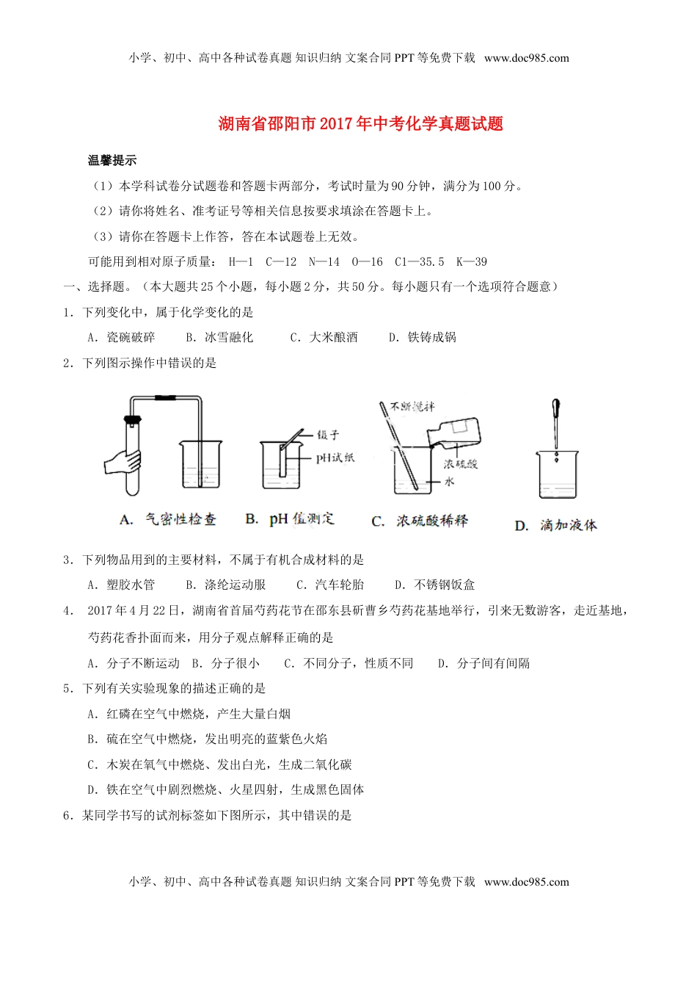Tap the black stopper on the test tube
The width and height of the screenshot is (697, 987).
click(x=132, y=421)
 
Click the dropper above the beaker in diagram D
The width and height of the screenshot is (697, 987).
click(x=556, y=422)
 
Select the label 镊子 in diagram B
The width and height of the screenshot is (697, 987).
click(x=328, y=435)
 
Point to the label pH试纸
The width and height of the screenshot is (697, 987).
click(x=335, y=458)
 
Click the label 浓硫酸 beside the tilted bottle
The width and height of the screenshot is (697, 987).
click(x=460, y=463)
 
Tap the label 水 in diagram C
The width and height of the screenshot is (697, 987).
click(x=450, y=481)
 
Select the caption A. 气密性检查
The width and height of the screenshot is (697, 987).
click(x=168, y=519)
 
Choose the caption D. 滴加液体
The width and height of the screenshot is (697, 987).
click(x=555, y=525)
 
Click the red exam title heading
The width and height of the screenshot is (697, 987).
click(x=361, y=123)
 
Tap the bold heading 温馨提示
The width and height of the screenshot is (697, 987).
click(x=112, y=161)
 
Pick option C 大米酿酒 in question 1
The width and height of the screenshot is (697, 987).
click(x=324, y=337)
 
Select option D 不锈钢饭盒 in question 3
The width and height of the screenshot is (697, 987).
click(x=435, y=585)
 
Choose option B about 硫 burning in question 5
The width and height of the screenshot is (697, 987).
click(x=208, y=739)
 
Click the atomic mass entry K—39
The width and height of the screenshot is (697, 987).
click(x=471, y=261)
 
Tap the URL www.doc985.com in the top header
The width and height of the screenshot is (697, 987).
click(x=527, y=58)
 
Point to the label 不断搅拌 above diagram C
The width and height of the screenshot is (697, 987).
click(x=412, y=406)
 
